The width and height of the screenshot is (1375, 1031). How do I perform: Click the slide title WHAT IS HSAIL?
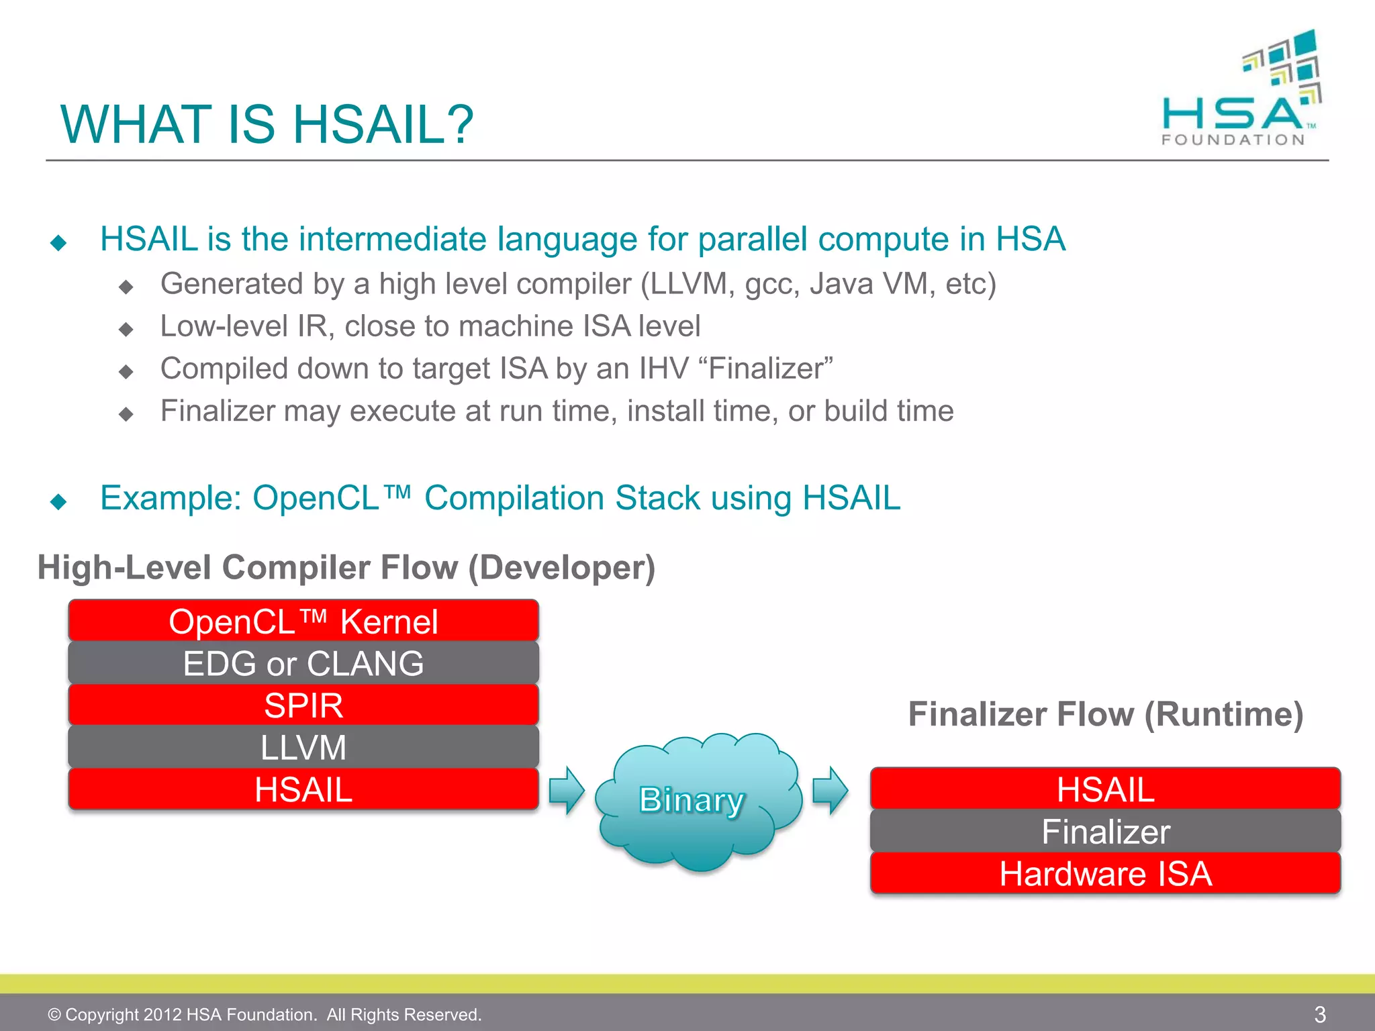(x=267, y=125)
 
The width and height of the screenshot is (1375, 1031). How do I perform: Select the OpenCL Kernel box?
(x=303, y=621)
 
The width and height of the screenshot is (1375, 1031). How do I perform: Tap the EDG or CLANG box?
(x=303, y=663)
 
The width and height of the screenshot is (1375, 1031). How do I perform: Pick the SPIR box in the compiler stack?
(x=303, y=705)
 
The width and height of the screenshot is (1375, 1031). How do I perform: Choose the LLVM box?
(x=303, y=747)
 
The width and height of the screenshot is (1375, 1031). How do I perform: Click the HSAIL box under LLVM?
(x=303, y=789)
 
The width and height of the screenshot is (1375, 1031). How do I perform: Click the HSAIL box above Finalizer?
(x=1105, y=789)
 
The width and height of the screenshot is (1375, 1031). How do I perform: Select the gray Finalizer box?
(x=1105, y=832)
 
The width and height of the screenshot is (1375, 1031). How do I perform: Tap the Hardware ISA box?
(x=1105, y=873)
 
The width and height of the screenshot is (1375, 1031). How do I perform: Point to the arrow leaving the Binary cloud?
(x=831, y=791)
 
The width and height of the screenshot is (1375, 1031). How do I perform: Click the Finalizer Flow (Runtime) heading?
(x=1105, y=714)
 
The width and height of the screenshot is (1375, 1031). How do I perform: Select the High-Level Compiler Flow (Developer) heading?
(x=346, y=568)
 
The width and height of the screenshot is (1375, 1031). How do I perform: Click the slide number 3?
(x=1319, y=1014)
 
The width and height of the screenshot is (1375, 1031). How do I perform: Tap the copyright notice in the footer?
(x=265, y=1014)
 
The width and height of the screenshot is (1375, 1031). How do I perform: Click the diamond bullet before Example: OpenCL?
(x=59, y=501)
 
